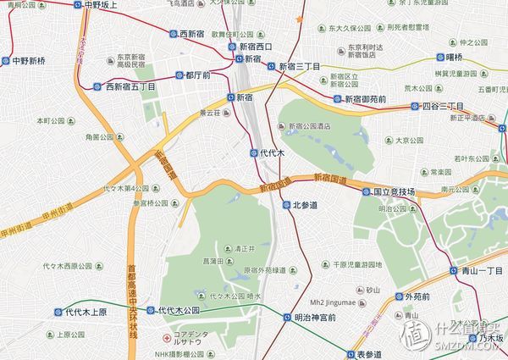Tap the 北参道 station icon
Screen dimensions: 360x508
pos(286,205)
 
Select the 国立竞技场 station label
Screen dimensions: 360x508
pos(395,192)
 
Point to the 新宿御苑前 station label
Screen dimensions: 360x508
pos(365,99)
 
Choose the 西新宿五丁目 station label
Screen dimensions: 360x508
pos(130,86)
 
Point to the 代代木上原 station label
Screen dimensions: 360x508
pos(87,312)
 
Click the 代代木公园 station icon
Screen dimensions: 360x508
pos(150,310)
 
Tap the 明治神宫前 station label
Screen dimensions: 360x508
pos(315,318)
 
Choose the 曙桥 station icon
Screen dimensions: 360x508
pos(440,58)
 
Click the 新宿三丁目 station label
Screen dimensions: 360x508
pos(300,66)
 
